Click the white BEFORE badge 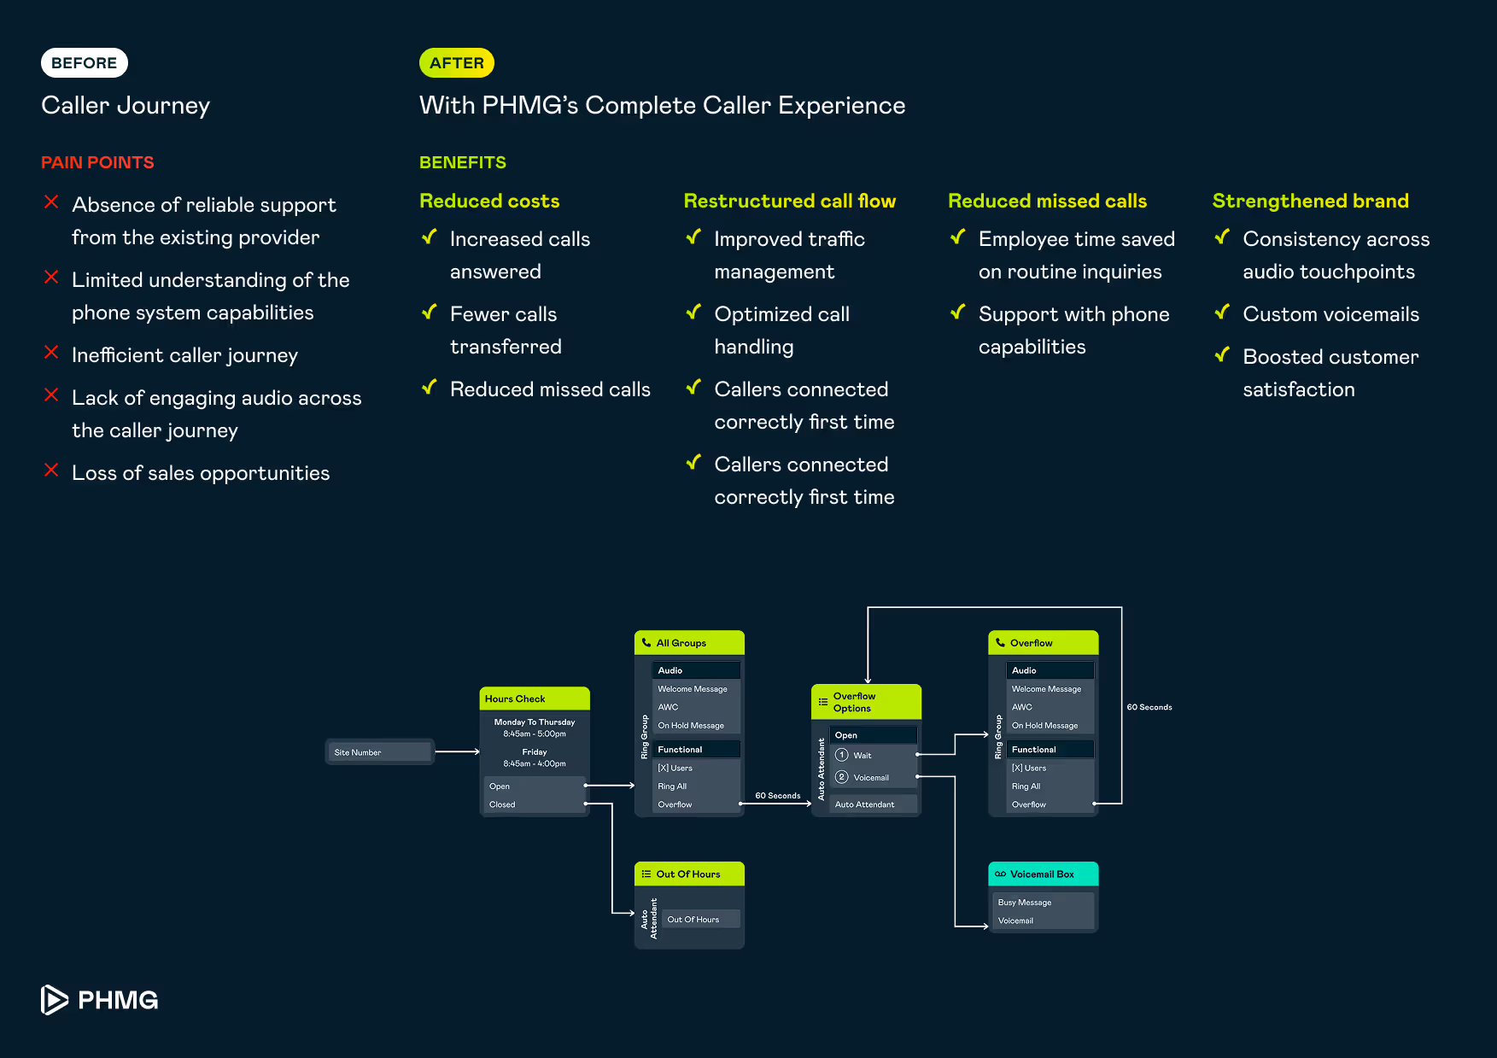click(85, 63)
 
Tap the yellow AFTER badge click(457, 63)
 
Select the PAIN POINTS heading click(97, 162)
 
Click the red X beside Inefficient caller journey click(51, 352)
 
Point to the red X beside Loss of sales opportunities click(51, 470)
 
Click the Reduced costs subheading click(489, 201)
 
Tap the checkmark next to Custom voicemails click(1222, 312)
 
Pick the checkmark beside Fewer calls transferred click(430, 312)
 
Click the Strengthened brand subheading click(1310, 201)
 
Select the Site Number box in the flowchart click(380, 751)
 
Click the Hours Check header click(535, 699)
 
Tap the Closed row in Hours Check click(535, 804)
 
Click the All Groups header click(689, 642)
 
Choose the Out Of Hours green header click(689, 874)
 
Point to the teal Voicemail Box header click(1044, 874)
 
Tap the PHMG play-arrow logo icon click(54, 1000)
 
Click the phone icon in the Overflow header click(1000, 642)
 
